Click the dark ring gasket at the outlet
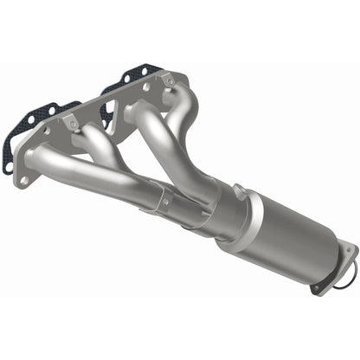pos(345,278)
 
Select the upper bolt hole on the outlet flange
pos(350,251)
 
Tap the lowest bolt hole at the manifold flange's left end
pos(23,178)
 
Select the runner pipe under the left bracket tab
pos(104,151)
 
